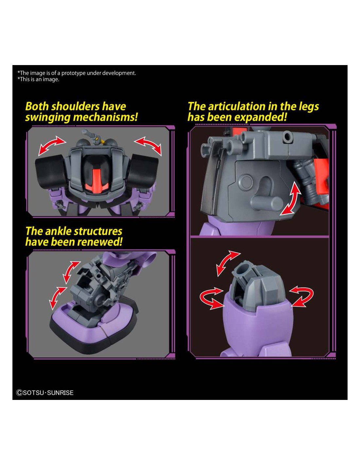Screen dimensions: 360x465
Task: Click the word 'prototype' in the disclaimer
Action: [x=74, y=73]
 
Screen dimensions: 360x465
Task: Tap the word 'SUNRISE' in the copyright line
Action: [x=60, y=393]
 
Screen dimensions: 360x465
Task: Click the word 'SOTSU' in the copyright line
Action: [x=33, y=393]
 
